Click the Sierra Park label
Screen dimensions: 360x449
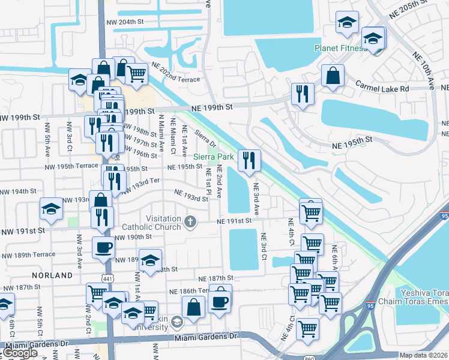coord(217,157)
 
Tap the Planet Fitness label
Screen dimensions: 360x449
coord(340,48)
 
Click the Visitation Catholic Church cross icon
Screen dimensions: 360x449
coord(190,222)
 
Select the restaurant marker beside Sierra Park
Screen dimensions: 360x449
coord(249,160)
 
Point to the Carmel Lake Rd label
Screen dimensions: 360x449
coord(384,88)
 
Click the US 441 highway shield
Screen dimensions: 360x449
coord(108,278)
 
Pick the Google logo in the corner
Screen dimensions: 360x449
coord(20,353)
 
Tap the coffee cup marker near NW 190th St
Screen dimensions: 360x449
coord(103,247)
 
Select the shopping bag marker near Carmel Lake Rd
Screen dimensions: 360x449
coord(333,76)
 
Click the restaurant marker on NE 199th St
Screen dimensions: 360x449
coord(302,94)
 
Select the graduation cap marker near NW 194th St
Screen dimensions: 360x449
coord(51,209)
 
